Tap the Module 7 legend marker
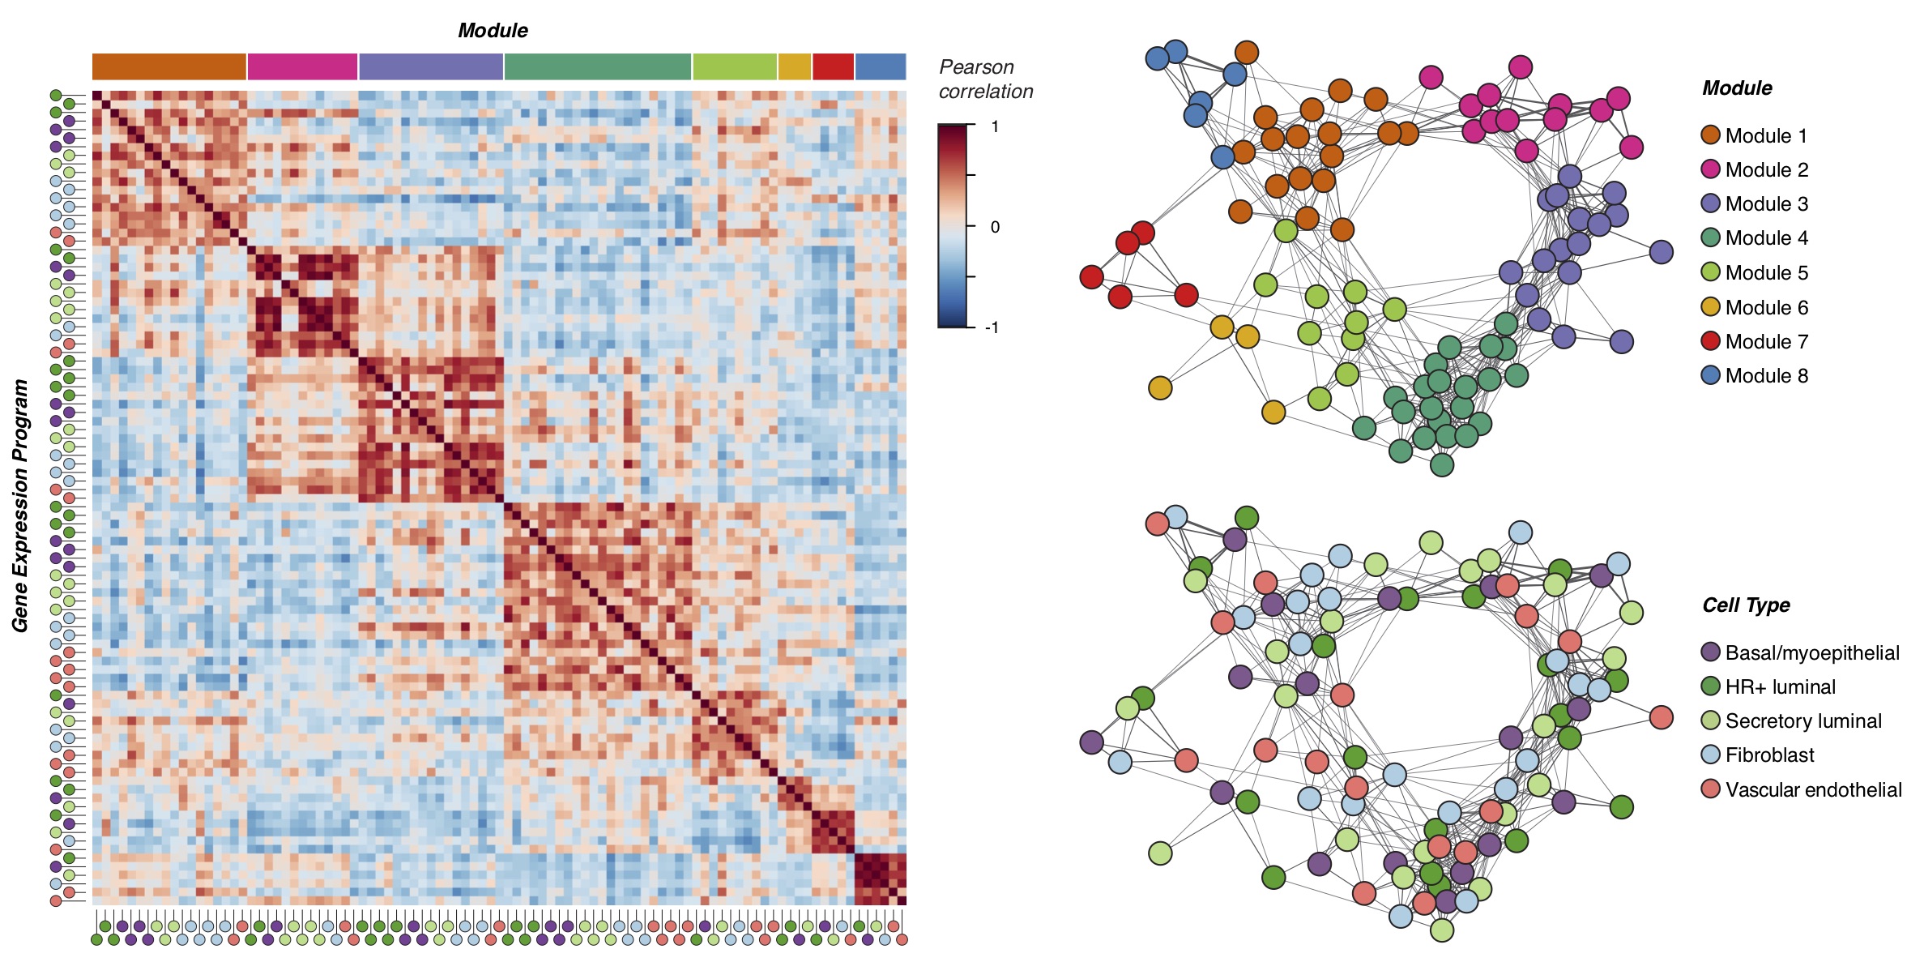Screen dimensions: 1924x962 click(1710, 341)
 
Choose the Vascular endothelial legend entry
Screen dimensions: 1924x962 click(1812, 789)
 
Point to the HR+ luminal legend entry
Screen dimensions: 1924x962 click(1779, 686)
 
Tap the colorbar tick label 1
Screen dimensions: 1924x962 click(995, 126)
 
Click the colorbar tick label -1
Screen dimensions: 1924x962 click(992, 327)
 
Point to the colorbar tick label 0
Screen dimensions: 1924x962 click(995, 227)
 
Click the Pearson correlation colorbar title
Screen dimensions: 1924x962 click(985, 79)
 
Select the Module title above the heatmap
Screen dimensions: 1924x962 click(493, 31)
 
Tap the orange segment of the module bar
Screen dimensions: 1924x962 click(169, 66)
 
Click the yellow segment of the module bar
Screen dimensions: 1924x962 click(794, 66)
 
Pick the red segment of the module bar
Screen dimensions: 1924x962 click(833, 66)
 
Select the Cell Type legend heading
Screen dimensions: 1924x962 click(1746, 605)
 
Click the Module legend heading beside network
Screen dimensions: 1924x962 click(1737, 88)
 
